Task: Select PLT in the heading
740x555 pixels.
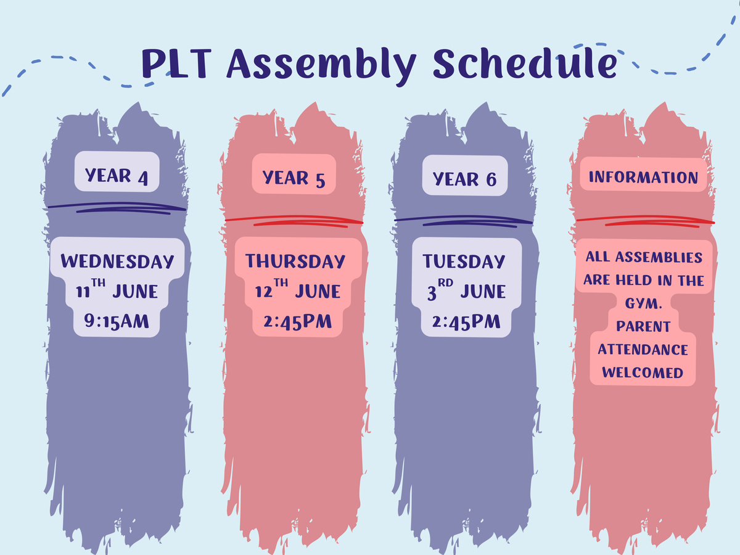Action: point(176,64)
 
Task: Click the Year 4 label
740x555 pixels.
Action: point(117,176)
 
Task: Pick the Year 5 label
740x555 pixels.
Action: point(294,179)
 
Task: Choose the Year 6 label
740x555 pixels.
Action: point(464,179)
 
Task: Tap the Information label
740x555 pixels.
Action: point(643,177)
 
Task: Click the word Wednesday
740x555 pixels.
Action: point(117,261)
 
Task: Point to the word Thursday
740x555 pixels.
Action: point(295,261)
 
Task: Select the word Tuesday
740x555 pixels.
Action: point(464,261)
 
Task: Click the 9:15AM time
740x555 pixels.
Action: point(117,321)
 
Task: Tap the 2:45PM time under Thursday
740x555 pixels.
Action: point(297,321)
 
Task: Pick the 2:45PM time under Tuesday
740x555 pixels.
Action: point(466,321)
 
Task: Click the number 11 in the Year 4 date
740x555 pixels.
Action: point(83,292)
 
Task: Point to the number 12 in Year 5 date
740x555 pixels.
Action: point(263,292)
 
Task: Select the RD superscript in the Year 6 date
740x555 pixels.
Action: point(445,282)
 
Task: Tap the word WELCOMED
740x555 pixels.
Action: point(643,372)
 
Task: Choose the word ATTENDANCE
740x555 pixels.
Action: point(643,350)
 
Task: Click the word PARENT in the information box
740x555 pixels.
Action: point(643,326)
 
